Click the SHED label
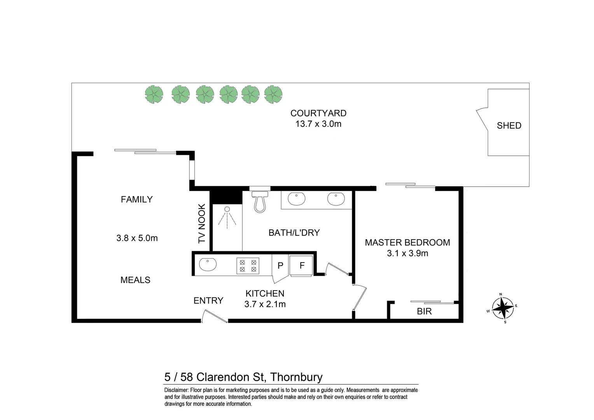click(x=509, y=126)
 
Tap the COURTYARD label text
click(x=318, y=113)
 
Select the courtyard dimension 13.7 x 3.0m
click(x=318, y=124)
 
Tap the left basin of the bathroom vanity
click(x=297, y=199)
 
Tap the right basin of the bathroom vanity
click(x=336, y=199)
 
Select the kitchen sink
click(x=208, y=265)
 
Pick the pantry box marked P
click(x=280, y=266)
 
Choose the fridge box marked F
click(x=302, y=266)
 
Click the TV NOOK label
click(x=201, y=224)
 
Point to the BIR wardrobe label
click(x=424, y=311)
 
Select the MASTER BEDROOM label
click(x=407, y=243)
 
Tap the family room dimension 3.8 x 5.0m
click(x=137, y=238)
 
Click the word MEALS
click(x=135, y=280)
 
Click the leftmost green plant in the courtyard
click(x=154, y=94)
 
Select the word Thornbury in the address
click(x=296, y=377)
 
